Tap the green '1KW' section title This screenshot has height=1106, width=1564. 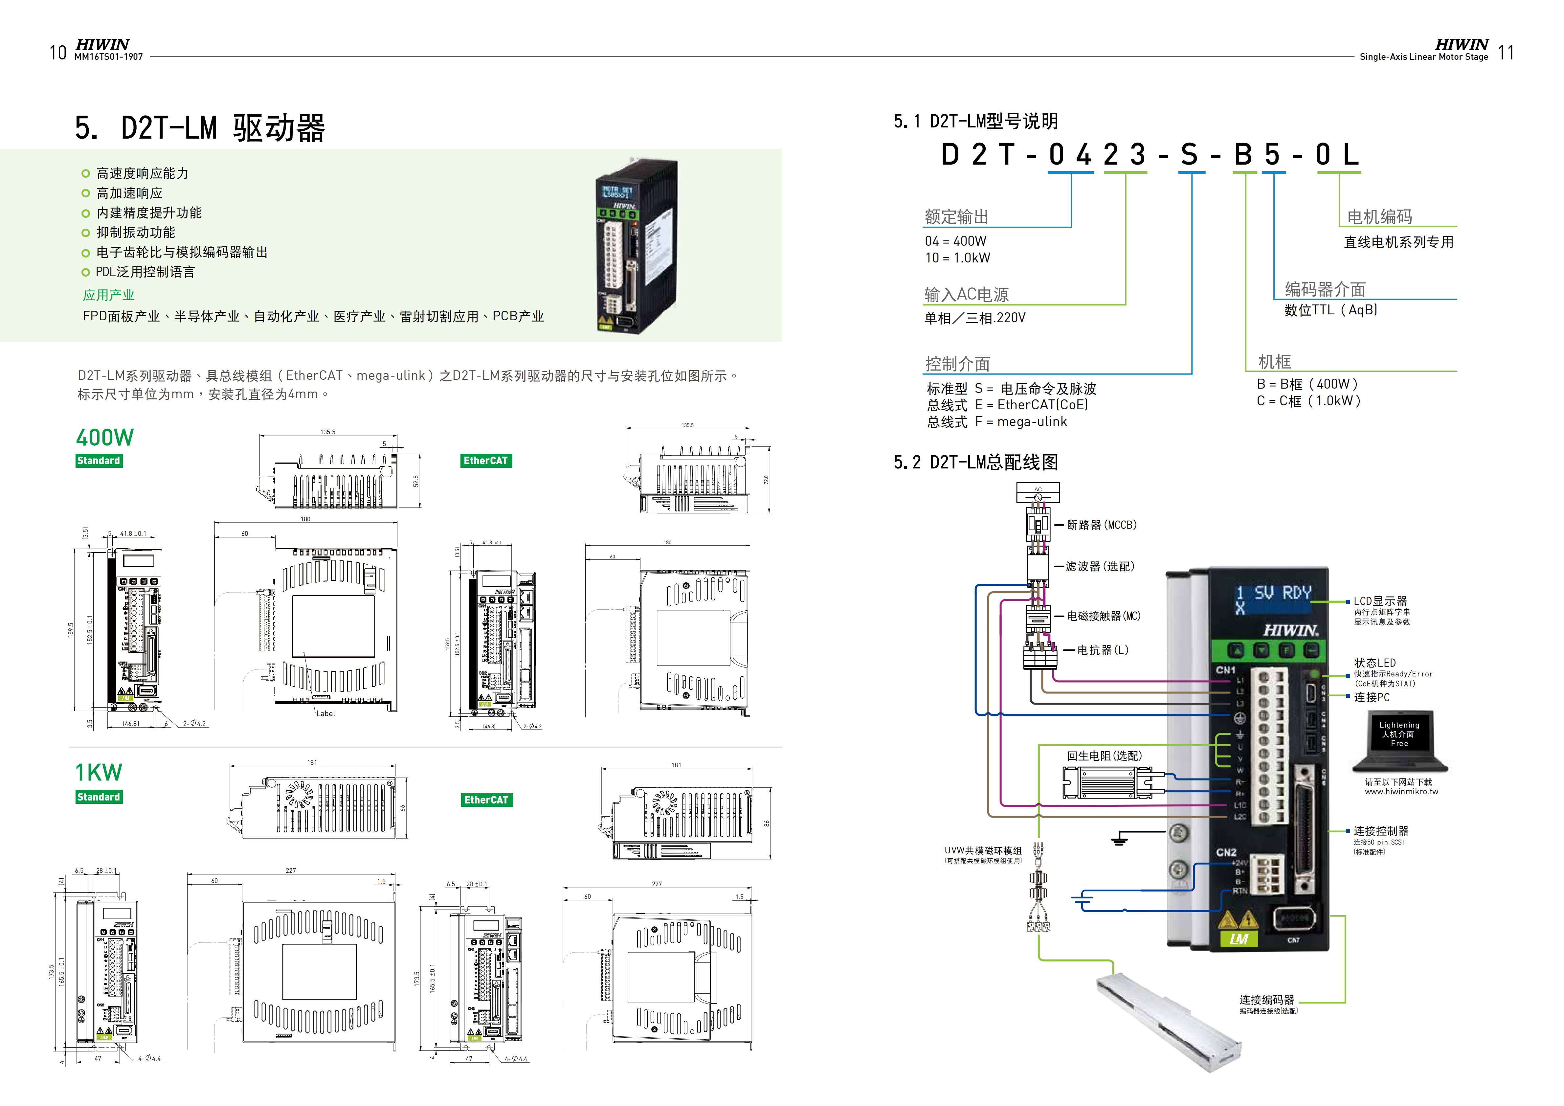tap(99, 773)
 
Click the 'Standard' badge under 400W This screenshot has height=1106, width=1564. tap(99, 461)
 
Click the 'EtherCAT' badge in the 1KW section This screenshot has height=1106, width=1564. tap(486, 800)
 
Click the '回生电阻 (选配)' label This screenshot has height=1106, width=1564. tap(1104, 756)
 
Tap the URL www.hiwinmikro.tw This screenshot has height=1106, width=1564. tap(1401, 792)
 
